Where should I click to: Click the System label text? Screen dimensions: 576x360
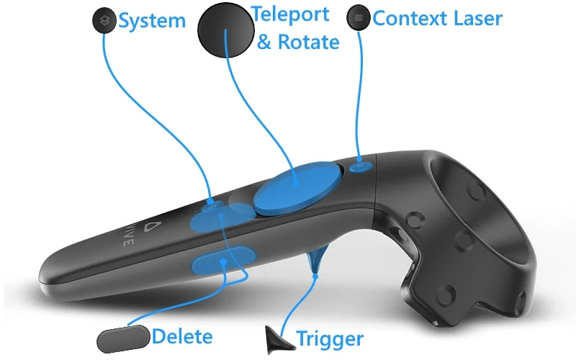[151, 21]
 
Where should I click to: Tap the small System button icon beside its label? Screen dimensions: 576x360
[104, 19]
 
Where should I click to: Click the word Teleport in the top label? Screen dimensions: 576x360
[291, 14]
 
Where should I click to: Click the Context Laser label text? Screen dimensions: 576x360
[438, 18]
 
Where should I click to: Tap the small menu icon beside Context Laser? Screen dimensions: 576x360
[358, 18]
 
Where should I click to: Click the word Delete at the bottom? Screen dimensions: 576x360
[183, 336]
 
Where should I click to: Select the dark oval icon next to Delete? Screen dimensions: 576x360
[123, 337]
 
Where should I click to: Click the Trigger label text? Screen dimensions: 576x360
[330, 338]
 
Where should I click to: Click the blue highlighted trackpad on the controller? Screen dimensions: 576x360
[296, 188]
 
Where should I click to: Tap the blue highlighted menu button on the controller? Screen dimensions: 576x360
[361, 166]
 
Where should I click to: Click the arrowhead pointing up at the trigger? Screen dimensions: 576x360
[314, 273]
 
